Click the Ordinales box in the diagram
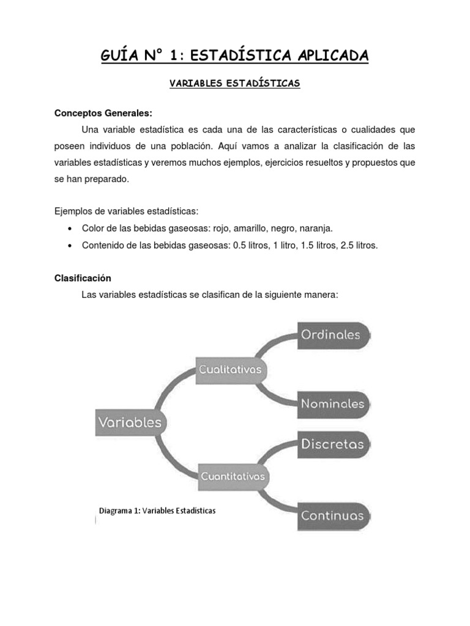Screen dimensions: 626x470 click(334, 334)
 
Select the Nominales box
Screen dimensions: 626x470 click(334, 403)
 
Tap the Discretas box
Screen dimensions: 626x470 click(334, 444)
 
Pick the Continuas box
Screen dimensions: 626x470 click(334, 515)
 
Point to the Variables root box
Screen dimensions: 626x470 click(130, 422)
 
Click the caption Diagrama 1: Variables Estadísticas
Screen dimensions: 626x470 click(157, 510)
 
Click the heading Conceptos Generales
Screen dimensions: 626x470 click(103, 113)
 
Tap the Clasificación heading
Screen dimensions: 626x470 click(83, 278)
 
